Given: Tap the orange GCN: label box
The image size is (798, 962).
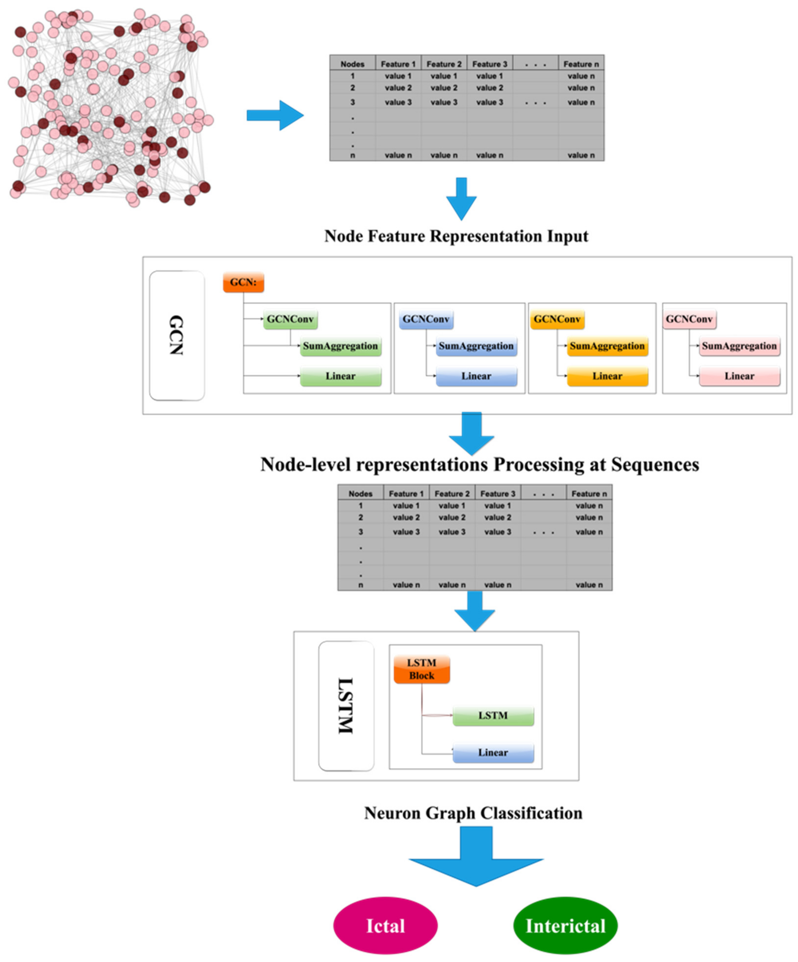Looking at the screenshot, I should coord(243,282).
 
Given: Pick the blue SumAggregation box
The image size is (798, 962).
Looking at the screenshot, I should coord(476,346).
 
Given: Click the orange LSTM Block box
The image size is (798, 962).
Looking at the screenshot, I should coord(422,669).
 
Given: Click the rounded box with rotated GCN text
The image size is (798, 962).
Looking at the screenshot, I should coord(177,335).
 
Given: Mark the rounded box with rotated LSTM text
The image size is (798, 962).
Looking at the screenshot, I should coord(346,706).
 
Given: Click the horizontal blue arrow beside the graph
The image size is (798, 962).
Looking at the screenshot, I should coord(275,115).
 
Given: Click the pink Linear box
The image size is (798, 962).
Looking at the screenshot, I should coord(739,376).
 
